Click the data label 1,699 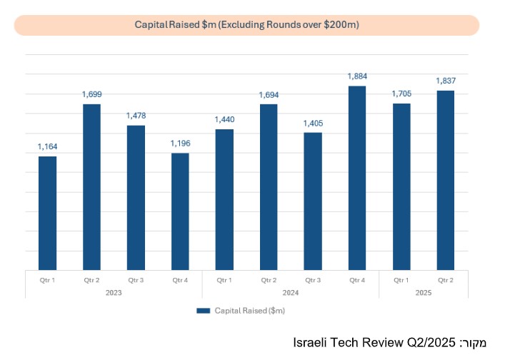click(91, 94)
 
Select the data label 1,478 click(136, 115)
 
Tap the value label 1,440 click(224, 119)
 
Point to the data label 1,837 click(445, 81)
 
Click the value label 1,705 click(401, 93)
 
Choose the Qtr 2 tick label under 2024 click(269, 280)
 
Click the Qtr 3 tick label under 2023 click(136, 280)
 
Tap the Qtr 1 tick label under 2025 click(401, 280)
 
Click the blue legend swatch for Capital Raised click(203, 311)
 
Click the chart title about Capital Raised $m click(246, 25)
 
